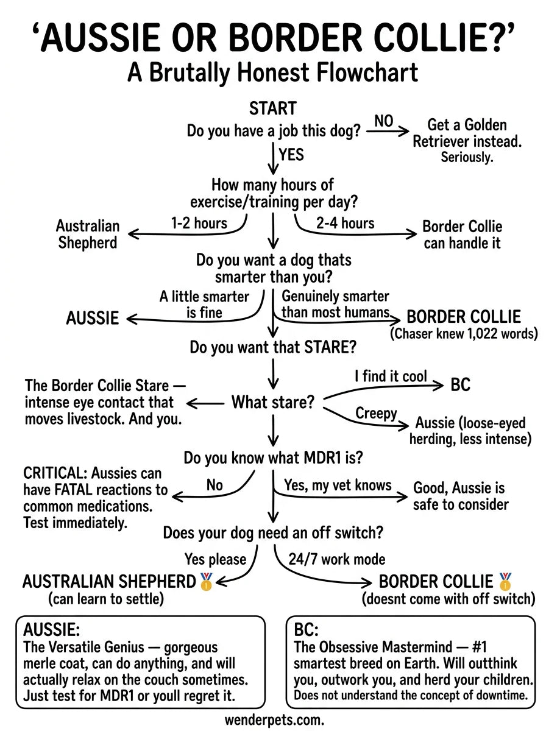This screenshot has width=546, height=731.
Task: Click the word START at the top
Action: coord(272,108)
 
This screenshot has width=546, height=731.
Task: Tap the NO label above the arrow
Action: coord(383,121)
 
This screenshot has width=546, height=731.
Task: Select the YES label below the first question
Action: coord(291,154)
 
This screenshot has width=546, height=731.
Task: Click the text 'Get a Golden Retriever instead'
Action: coord(467,133)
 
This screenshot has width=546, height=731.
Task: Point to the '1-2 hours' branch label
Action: coord(199,223)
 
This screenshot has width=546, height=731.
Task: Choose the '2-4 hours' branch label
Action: coord(345,223)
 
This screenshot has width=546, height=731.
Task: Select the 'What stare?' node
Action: coord(272,402)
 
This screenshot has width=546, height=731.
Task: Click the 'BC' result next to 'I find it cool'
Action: coord(460,385)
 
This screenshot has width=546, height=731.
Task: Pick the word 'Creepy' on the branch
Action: coord(376,414)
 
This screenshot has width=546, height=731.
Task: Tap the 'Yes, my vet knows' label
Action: coord(338,485)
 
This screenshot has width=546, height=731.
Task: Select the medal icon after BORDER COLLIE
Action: coord(505,581)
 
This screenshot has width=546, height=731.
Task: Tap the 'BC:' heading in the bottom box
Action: coord(307,629)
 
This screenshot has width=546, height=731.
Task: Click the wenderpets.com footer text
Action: coord(274,719)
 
